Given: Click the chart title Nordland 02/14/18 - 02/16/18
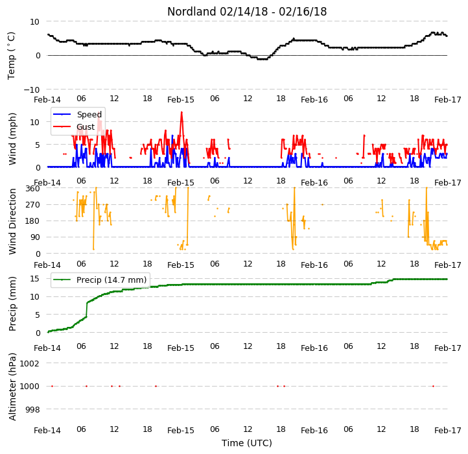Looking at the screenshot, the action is (247, 12).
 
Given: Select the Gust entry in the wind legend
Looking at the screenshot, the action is (74, 127).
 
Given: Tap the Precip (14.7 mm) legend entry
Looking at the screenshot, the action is (99, 280).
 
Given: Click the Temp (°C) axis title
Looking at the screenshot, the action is (11, 56).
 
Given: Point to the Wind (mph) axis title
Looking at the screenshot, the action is (12, 139).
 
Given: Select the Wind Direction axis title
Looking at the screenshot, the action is (12, 221).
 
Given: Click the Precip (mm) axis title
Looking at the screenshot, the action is (12, 304).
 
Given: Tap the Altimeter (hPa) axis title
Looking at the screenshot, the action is (12, 387).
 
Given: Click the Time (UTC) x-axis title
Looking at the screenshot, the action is (247, 443).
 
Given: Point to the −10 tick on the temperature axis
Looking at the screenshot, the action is (31, 90).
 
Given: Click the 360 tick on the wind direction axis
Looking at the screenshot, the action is (32, 189).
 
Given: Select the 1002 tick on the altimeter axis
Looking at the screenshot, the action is (30, 363).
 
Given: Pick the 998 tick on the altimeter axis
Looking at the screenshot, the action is (32, 409).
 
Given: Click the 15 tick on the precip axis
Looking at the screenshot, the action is (34, 279).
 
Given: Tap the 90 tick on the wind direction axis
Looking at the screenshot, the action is (35, 237).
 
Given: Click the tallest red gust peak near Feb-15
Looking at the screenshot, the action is (181, 112).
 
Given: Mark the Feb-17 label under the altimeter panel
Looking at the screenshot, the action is (448, 431).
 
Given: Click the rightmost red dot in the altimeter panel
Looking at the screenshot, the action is (433, 386).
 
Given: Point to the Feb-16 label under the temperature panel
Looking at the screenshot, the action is (314, 99).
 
